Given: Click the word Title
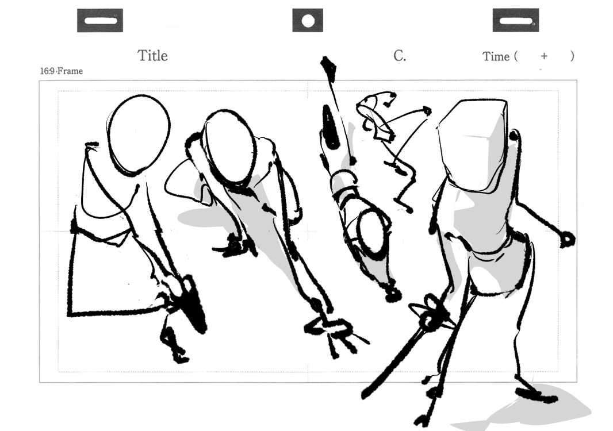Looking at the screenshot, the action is (152, 56).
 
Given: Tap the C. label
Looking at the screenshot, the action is (400, 56).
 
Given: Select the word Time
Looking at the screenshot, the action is (496, 57).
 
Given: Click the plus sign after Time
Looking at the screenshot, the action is (544, 56).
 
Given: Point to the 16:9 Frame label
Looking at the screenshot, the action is (62, 71).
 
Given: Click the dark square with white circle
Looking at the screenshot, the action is (308, 20).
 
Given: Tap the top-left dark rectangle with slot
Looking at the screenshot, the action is (100, 20).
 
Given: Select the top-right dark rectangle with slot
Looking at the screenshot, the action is (516, 20).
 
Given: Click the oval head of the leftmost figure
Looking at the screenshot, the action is (139, 134).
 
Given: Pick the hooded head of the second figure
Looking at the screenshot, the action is (231, 147).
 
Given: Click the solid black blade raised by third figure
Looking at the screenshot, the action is (329, 127).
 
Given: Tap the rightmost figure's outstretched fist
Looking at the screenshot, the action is (567, 239).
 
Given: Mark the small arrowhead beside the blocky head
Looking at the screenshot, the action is (427, 111).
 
